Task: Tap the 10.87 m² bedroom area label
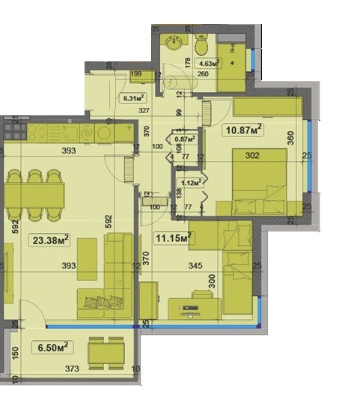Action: (x=244, y=130)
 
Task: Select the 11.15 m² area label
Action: (x=173, y=239)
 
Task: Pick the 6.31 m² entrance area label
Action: (x=133, y=97)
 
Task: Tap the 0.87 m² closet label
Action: (x=185, y=139)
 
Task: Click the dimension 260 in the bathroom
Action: (x=202, y=74)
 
